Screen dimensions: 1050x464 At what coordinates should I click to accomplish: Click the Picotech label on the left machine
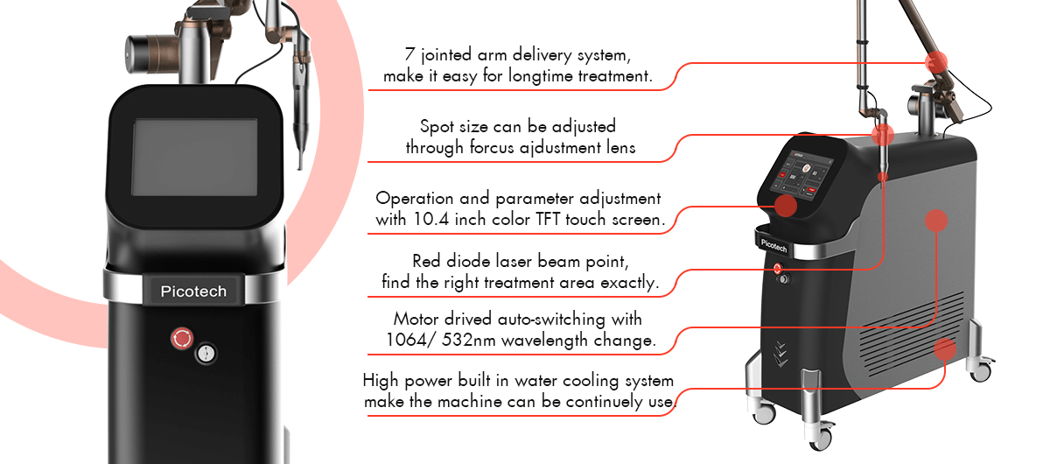coord(193,292)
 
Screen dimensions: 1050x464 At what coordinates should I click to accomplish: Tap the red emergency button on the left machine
coord(182,338)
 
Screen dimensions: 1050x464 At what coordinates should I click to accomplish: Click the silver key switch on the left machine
coord(206,354)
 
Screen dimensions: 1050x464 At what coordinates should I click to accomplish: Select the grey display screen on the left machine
coord(194,158)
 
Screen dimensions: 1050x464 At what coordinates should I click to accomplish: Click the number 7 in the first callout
coord(409,54)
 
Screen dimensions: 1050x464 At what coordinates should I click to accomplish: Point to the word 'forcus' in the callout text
coord(492,147)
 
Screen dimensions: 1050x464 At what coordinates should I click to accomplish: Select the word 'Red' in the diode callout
coord(427,261)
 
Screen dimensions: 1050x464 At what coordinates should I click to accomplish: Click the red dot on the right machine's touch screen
coord(786,206)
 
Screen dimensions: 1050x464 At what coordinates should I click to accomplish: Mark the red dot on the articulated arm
coord(936,62)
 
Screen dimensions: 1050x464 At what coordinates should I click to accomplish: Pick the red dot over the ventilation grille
coord(944,349)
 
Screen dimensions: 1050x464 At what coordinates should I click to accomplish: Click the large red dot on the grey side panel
coord(936,221)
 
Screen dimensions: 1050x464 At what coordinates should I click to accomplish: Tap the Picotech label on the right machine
coord(773,245)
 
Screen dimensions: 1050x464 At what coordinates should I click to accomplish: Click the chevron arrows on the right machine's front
coord(780,355)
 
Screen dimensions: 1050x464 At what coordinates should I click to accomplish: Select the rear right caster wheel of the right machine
coord(981,370)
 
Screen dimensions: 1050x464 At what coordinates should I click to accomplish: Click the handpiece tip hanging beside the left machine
coord(300,159)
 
